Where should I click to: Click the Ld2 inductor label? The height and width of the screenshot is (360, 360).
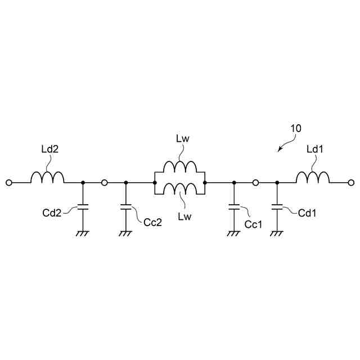pos(50,149)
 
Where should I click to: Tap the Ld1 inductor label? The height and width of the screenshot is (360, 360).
pos(315,149)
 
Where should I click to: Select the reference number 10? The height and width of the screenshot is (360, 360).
pos(295,128)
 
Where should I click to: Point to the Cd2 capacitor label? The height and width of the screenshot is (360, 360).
pos(52,213)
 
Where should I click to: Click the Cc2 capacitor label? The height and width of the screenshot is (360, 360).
pos(152,222)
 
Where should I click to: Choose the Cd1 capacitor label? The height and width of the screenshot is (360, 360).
pos(308,213)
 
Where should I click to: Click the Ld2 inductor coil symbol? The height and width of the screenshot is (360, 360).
pos(47,177)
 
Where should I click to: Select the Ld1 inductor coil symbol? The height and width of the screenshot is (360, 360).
pos(313,177)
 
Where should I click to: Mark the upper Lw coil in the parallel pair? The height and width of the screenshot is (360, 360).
pos(179,167)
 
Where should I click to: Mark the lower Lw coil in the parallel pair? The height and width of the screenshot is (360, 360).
pos(179,188)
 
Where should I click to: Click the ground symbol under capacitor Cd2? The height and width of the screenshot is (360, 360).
pos(83,231)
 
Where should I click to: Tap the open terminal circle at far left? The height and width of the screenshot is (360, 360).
pos(8,183)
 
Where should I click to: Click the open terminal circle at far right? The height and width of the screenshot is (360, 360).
pos(352,183)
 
